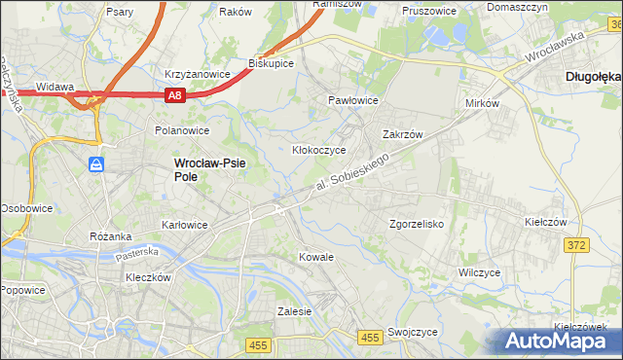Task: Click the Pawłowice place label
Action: [352, 100]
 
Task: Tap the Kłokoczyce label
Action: [320, 151]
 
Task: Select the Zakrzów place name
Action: [401, 135]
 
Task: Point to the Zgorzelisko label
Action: [417, 224]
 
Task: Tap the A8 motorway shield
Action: [174, 95]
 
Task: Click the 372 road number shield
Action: [576, 245]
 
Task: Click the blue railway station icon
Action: [96, 164]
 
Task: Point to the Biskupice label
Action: [272, 62]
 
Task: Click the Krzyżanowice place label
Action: [198, 74]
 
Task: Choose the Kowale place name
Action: [316, 257]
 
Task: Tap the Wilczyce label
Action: [479, 273]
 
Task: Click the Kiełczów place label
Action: [545, 222]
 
